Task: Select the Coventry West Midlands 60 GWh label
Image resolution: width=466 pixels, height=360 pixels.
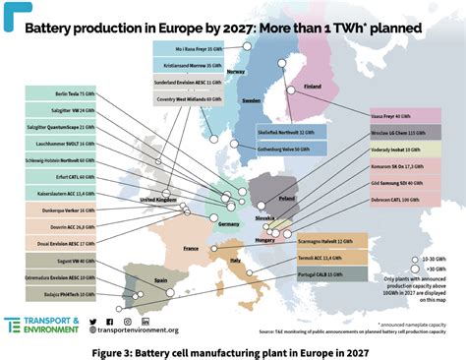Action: point(188,98)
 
